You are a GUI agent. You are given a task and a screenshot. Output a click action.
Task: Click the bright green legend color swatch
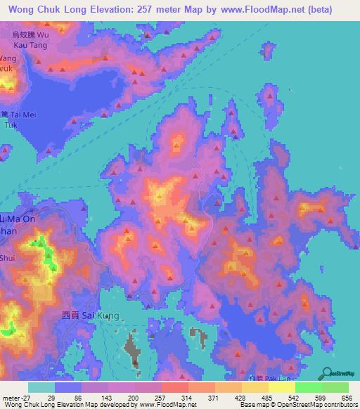[x=309, y=387]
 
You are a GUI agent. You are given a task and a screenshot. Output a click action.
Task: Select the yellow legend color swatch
[x=282, y=387]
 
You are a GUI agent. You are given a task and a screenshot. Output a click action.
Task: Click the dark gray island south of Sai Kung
[x=134, y=348]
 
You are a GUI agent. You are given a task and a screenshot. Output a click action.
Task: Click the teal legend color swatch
[x=41, y=387]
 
